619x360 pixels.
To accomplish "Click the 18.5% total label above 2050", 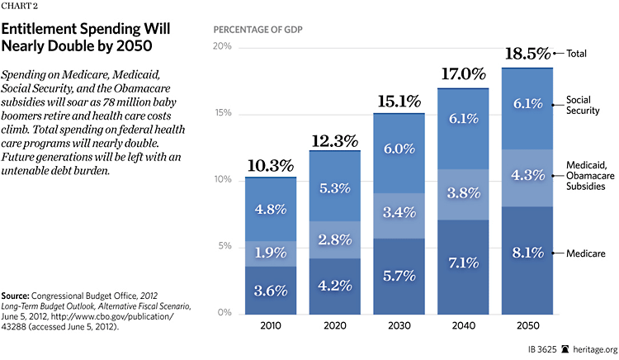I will [x=527, y=54].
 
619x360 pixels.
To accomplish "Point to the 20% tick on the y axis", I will [x=221, y=46].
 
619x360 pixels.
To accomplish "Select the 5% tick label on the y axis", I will [x=224, y=246].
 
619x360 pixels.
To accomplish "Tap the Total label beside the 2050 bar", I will [x=577, y=54].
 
